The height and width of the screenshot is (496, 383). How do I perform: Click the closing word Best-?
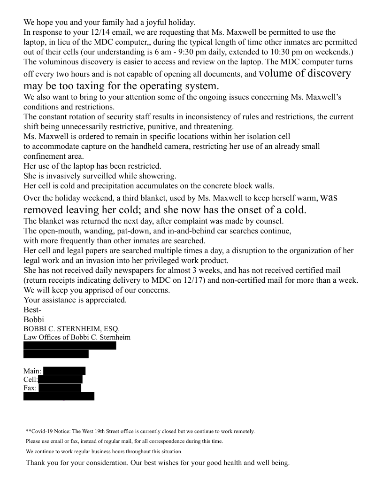(32, 310)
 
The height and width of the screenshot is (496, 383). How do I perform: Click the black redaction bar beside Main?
(64, 371)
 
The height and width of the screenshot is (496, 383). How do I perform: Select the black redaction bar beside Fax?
(60, 387)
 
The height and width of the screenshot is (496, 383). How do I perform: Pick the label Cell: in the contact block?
(31, 380)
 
